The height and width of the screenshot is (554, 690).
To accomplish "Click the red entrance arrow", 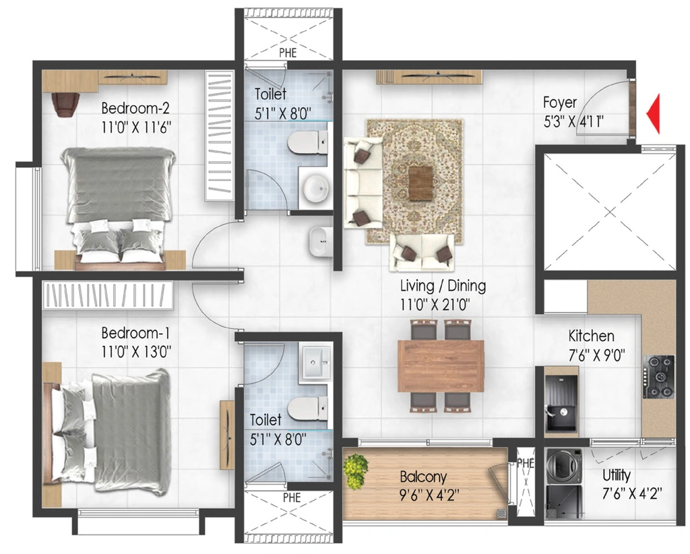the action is (x=654, y=113).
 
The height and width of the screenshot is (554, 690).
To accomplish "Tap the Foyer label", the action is (x=560, y=102).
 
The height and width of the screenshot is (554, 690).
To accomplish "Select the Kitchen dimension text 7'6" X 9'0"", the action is (x=597, y=355).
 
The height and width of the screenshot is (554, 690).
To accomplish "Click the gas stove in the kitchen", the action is (x=659, y=377).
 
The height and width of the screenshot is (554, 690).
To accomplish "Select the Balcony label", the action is (x=423, y=476).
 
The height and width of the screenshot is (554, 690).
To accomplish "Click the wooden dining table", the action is (x=441, y=366).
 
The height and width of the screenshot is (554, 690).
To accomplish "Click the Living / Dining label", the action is (x=443, y=286).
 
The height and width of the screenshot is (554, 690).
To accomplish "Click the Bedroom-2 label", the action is (x=135, y=108).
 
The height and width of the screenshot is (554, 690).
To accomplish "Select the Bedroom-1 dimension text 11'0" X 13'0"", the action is (x=136, y=352).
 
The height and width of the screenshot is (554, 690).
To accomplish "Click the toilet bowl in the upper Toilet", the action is (x=307, y=142).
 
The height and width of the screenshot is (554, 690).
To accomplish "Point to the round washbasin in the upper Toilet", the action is (x=315, y=188).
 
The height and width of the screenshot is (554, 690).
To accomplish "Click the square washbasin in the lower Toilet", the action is (x=315, y=362).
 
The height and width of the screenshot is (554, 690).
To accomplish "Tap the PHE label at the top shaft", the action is (x=288, y=53).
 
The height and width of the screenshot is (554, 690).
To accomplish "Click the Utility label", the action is (x=616, y=476).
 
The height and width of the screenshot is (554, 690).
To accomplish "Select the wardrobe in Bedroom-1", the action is (x=108, y=295).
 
